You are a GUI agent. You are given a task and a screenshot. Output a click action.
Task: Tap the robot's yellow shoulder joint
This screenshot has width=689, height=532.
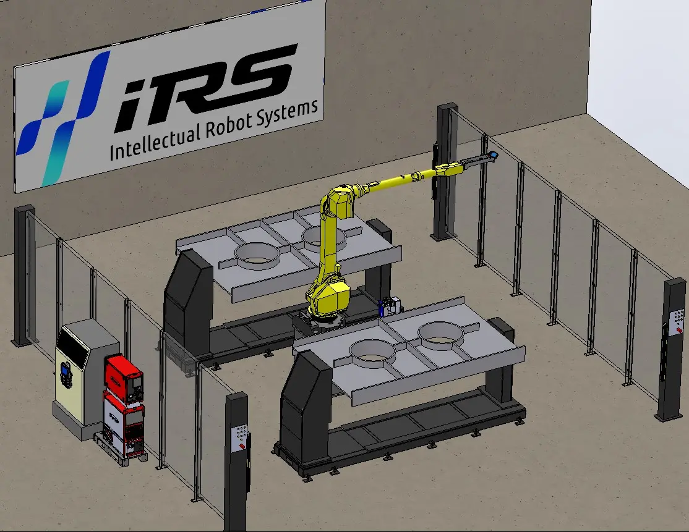pyautogui.click(x=339, y=203)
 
